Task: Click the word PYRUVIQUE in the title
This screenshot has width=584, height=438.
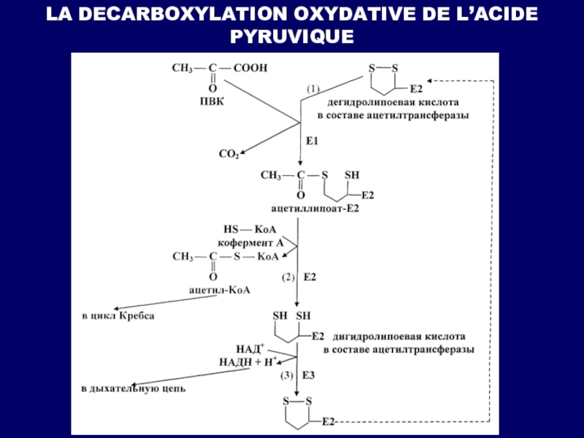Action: click(x=291, y=34)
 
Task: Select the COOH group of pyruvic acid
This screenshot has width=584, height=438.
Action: click(x=251, y=68)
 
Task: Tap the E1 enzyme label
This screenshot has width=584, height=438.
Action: click(x=311, y=140)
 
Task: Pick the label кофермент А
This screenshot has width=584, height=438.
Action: click(x=250, y=242)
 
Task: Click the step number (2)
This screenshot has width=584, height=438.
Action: click(x=288, y=277)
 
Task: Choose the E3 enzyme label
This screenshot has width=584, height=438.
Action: click(x=309, y=376)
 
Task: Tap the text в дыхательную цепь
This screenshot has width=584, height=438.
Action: click(x=132, y=388)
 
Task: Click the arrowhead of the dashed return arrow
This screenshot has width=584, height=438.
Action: click(x=430, y=78)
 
